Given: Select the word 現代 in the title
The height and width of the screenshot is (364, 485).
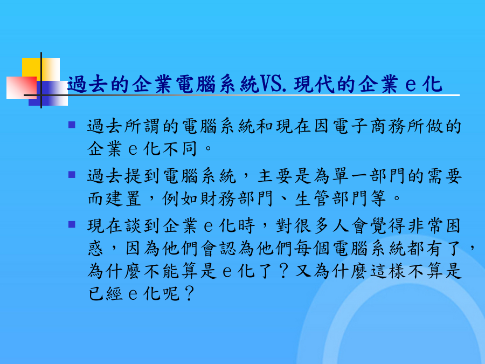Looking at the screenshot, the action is pos(314,84).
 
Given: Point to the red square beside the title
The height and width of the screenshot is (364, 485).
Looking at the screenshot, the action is pos(22,88).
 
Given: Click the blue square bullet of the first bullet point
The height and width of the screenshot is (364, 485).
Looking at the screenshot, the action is pos(72,125).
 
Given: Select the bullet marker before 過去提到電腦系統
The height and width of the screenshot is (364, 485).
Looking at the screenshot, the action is pos(72,175).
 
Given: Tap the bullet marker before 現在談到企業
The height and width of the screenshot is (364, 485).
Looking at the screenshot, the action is pos(72,224).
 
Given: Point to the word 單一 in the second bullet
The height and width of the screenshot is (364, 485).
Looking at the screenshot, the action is pos(350,176).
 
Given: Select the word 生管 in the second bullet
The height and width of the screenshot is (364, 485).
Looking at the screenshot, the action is pos(313,198).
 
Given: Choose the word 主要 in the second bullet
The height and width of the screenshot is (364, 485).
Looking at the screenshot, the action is pos(275,176).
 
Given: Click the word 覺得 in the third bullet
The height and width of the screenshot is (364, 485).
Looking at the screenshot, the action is pos(388,225).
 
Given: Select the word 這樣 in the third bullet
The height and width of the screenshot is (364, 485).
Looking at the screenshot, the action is pos(388,271).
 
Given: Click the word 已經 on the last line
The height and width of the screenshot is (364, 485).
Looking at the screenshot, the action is pos(106,294).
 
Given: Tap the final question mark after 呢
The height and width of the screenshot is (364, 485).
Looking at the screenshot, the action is pos(189,294).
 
